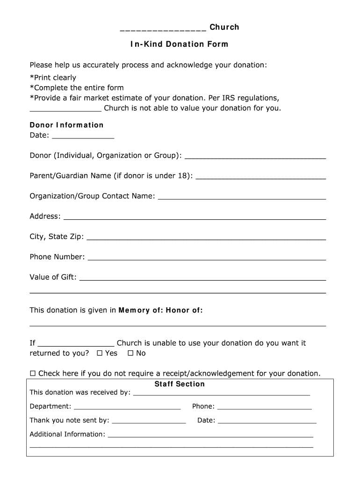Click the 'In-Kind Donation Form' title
click(x=180, y=44)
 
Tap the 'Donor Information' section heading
click(x=66, y=125)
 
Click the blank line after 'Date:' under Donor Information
click(x=83, y=137)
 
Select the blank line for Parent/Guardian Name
click(x=261, y=177)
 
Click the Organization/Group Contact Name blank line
click(x=242, y=198)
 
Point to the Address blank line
click(x=194, y=218)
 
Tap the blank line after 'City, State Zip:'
click(x=206, y=238)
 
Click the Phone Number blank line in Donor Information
click(x=207, y=258)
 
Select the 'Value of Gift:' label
click(x=53, y=277)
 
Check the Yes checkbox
click(x=99, y=353)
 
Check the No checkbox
click(x=130, y=353)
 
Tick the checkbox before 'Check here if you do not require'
click(x=33, y=373)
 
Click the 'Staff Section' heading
click(x=180, y=384)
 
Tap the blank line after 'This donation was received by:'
click(x=222, y=394)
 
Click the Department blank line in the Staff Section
click(x=127, y=408)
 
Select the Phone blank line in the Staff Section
click(x=264, y=408)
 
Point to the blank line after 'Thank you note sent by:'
click(x=149, y=422)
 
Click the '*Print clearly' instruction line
click(x=53, y=78)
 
